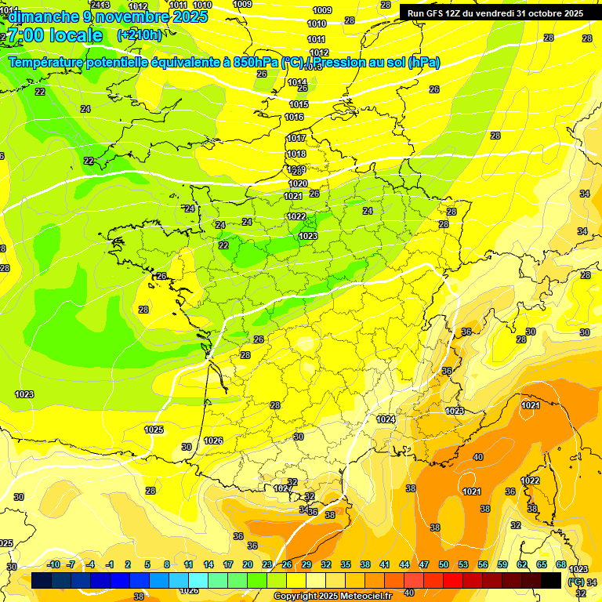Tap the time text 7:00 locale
point(54,35)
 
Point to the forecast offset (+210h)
point(140,35)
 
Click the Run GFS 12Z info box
point(495,13)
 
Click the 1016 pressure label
point(295,118)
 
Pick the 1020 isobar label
point(298,184)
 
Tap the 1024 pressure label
point(385,420)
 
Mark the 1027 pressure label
point(282,488)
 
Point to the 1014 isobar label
point(297,82)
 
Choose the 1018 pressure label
point(296,154)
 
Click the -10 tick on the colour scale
point(53,565)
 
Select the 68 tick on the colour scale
point(561,565)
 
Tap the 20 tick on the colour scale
point(248,565)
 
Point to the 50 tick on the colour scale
point(444,565)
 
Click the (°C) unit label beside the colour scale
point(576,582)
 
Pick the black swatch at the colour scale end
point(551,580)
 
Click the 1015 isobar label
point(299,104)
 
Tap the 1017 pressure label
point(296,139)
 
